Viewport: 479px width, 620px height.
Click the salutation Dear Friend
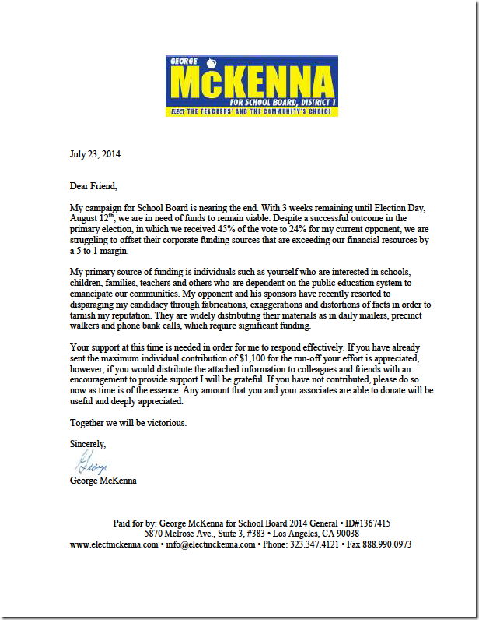pos(93,186)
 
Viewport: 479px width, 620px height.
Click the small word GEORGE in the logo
pos(191,61)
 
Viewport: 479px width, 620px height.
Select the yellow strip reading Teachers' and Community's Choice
pos(252,111)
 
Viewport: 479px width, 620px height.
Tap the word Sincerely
pos(88,443)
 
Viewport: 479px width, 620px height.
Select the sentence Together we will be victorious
pos(128,423)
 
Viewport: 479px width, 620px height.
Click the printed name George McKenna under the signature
pos(103,481)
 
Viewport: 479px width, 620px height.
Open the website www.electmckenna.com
pos(114,545)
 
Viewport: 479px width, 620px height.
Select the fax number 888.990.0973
pos(386,545)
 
